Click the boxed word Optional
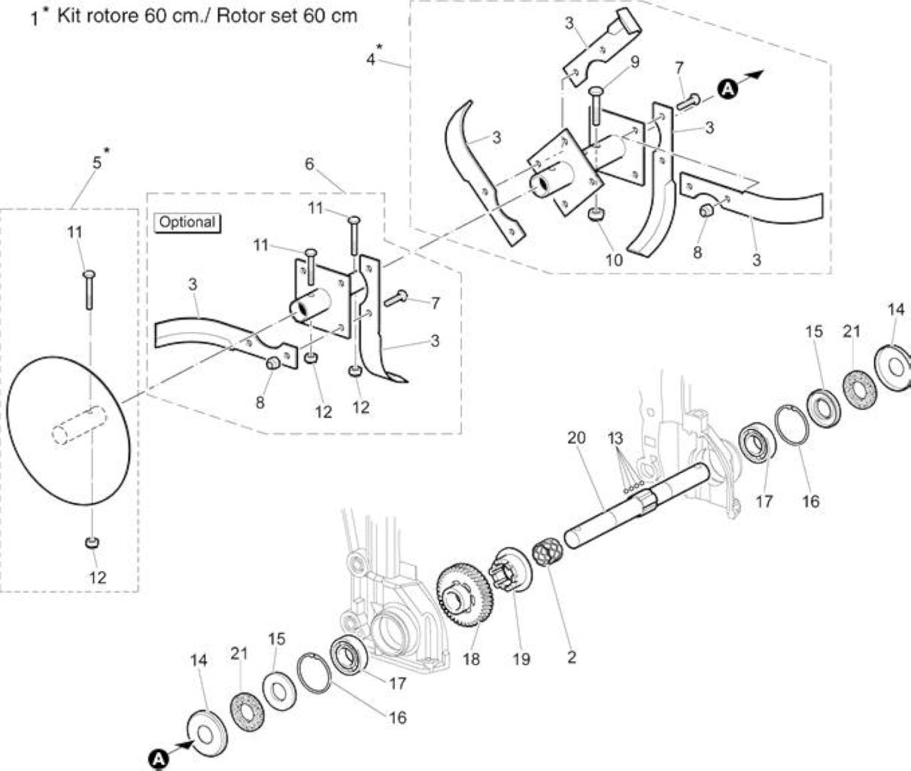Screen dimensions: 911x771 (187, 222)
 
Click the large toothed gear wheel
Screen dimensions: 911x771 (464, 594)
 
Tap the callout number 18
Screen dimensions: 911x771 (471, 659)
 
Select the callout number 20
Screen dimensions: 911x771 (576, 437)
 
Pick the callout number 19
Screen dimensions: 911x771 (521, 659)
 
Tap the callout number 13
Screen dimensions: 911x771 (615, 438)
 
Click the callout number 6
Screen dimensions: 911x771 (309, 164)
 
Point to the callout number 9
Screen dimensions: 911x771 (635, 62)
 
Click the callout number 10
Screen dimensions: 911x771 (614, 261)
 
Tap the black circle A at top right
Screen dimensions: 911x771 (727, 89)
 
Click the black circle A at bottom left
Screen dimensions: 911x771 (159, 760)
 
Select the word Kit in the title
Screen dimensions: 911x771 (68, 17)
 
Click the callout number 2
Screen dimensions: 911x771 (572, 657)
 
